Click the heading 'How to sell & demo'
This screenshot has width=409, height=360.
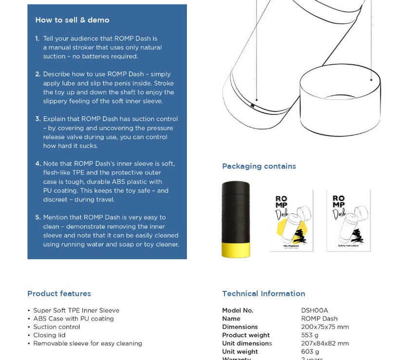point(72,20)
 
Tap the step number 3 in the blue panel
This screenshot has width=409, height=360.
point(37,119)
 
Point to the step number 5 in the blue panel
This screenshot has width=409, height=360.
point(37,217)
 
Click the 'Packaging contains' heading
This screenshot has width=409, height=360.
point(259,166)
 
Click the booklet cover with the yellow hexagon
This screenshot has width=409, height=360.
point(291,221)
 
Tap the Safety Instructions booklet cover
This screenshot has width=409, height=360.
point(348,221)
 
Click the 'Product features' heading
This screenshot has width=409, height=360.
point(59,293)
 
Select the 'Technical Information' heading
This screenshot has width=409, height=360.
point(263,293)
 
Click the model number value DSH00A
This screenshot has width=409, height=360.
point(315,310)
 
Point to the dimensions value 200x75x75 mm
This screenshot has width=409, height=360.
point(325,327)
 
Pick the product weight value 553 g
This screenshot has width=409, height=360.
point(310,335)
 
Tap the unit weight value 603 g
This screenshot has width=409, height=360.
point(310,352)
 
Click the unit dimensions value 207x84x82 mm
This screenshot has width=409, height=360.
point(325,343)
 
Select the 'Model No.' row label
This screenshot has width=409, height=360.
point(238,310)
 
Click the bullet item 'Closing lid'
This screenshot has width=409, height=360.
point(49,335)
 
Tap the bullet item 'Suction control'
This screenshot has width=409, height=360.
point(56,327)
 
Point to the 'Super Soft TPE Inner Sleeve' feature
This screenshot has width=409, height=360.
point(76,310)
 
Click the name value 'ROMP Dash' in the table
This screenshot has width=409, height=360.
point(319,319)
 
